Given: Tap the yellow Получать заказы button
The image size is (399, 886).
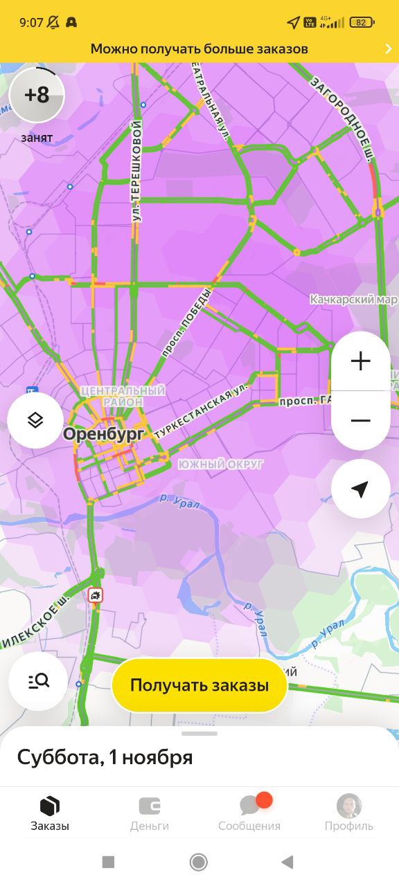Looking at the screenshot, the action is (x=199, y=685).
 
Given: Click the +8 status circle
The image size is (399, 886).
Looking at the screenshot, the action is (x=37, y=95).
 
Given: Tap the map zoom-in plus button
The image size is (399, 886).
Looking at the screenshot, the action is (x=360, y=361).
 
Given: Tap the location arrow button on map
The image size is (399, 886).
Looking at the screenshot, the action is (x=360, y=489).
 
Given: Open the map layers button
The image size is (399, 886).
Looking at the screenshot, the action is (x=35, y=420).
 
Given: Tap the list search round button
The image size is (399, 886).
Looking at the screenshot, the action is (x=38, y=681).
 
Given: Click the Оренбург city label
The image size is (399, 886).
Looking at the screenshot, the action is (x=104, y=434).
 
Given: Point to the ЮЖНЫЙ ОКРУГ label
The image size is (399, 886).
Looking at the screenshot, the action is (x=220, y=464).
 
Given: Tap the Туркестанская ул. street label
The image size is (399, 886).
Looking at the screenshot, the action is (x=201, y=411).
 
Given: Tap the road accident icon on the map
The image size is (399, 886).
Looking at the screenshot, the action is (x=96, y=595).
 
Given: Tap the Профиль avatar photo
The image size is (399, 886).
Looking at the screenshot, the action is (x=349, y=806).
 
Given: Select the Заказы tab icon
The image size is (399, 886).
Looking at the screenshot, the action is (x=50, y=806).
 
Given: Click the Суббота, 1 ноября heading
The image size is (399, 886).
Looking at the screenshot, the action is (x=105, y=757).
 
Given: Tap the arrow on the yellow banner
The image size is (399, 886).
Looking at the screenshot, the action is (x=388, y=48).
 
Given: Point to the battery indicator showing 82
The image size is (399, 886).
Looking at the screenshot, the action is (x=362, y=22).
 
